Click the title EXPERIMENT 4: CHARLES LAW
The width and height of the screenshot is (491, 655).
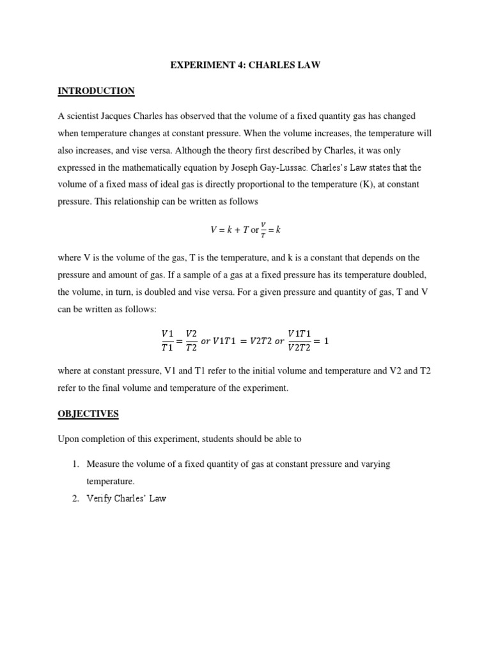pos(245,65)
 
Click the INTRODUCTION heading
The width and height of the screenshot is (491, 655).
pos(96,91)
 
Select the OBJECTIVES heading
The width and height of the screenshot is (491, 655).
pos(88,414)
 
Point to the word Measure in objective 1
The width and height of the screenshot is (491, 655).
pos(105,464)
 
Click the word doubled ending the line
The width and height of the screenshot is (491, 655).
pos(409,274)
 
